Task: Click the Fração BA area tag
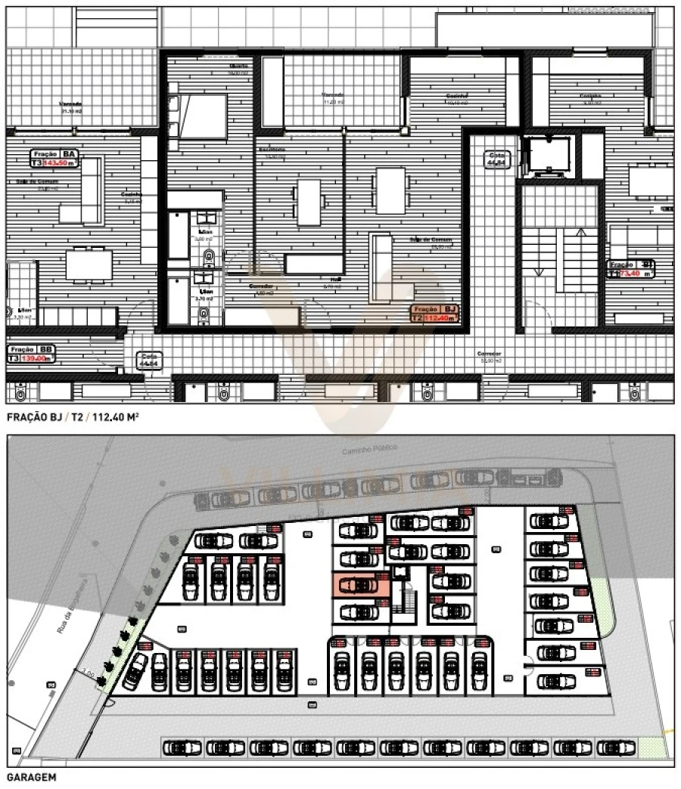[54, 158]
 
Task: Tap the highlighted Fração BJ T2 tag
[434, 314]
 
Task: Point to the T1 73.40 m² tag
[631, 268]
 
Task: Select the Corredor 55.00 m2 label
[489, 356]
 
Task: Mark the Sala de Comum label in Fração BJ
[431, 240]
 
